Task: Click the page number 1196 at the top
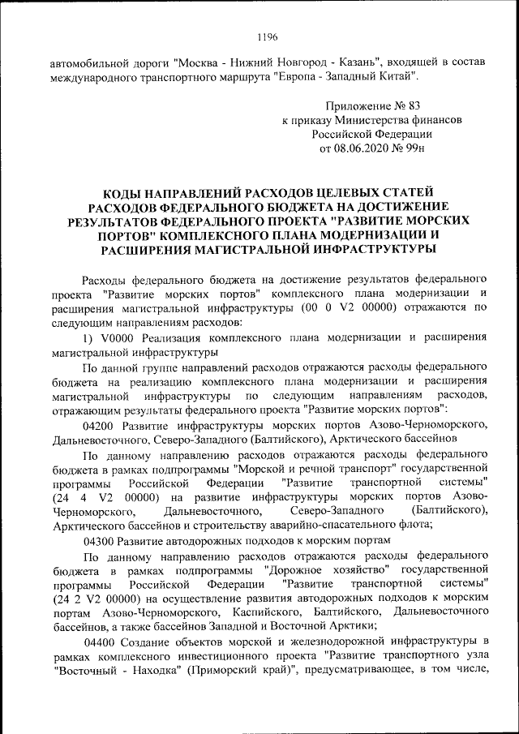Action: (x=267, y=36)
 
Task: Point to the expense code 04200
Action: (x=99, y=423)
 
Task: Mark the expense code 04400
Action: (x=99, y=642)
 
